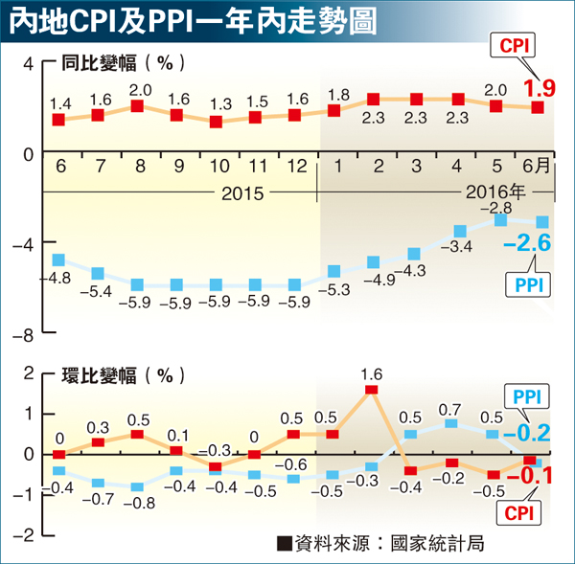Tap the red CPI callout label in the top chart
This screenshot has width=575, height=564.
point(514,45)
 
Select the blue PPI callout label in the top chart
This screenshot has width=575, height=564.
point(524,284)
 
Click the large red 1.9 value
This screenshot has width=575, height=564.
point(539,90)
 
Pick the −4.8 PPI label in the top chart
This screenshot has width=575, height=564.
point(57,279)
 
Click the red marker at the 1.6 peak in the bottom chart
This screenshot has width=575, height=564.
point(372,390)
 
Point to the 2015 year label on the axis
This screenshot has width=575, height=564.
point(243,193)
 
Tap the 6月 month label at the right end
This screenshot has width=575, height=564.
point(538,166)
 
